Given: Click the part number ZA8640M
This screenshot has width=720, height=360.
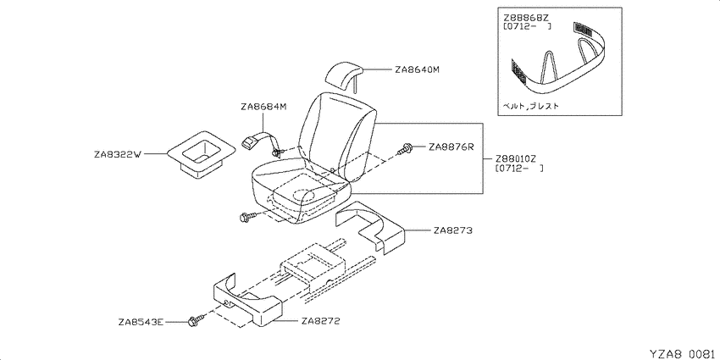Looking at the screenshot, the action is (x=417, y=70).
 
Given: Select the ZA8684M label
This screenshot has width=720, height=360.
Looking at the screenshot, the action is (x=263, y=107).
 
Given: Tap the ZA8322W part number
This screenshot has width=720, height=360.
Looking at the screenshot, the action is (x=117, y=155).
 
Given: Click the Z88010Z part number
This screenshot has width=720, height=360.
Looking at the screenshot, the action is (x=516, y=159).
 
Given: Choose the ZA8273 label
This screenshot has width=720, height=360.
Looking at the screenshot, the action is (x=453, y=231).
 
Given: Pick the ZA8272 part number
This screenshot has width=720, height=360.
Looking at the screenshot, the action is (x=320, y=322).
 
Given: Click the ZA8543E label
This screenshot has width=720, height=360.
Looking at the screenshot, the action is (x=141, y=323).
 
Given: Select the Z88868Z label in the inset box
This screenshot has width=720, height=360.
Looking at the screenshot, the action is (x=526, y=18).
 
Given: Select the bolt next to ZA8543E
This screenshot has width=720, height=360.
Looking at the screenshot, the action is (x=194, y=321).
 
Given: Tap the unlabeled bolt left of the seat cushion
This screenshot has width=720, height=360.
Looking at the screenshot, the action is (x=246, y=216).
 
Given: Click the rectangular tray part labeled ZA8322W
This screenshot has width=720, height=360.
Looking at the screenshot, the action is (x=200, y=154).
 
